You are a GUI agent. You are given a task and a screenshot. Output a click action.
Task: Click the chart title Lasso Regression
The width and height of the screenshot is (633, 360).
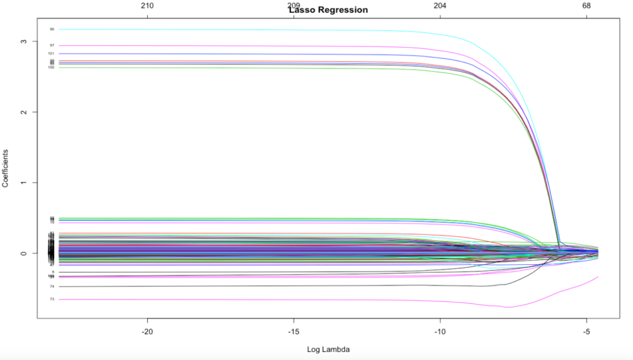point(328,10)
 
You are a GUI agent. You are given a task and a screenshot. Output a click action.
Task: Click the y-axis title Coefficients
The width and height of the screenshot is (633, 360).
point(6,168)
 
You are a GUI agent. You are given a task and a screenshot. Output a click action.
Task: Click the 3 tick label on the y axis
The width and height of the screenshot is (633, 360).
point(23,41)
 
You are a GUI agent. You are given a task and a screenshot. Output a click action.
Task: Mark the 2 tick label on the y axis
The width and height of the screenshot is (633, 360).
point(23,112)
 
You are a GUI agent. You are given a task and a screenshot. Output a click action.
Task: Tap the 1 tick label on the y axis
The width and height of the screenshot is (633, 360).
point(23,183)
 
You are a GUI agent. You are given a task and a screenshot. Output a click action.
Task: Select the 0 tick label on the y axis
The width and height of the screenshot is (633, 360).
point(23,254)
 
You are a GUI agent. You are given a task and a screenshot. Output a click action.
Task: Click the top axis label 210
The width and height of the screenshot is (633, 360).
point(147,6)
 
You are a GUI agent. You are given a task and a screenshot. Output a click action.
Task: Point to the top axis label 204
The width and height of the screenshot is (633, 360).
point(440,6)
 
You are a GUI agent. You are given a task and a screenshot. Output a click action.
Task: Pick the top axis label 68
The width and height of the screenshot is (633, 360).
point(587,6)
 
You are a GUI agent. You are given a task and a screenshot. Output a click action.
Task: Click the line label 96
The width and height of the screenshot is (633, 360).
point(52,29)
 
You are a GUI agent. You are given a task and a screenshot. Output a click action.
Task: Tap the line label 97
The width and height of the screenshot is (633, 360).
point(52,45)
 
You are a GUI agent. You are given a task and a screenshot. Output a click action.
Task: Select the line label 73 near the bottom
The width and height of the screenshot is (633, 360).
point(52,299)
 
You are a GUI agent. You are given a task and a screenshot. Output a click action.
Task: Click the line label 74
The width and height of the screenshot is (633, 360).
point(52,286)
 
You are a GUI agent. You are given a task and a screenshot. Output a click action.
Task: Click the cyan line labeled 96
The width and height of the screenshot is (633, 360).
point(247,30)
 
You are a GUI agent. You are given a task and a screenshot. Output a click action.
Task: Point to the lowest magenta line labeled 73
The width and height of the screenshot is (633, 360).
point(247,299)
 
